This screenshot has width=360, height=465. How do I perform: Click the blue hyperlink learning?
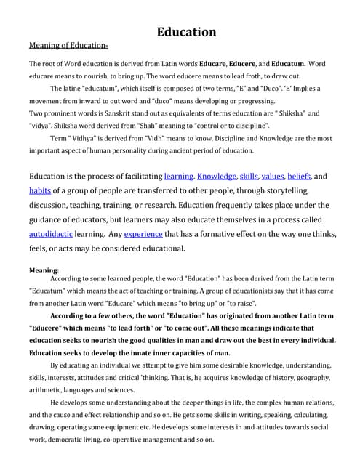pos(179,176)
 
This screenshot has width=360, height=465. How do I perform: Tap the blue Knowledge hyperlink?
pos(217,176)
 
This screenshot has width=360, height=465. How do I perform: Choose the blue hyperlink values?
pos(273,176)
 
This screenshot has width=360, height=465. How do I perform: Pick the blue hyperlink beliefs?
pos(299,176)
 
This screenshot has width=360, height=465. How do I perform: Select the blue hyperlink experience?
pos(143,235)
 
